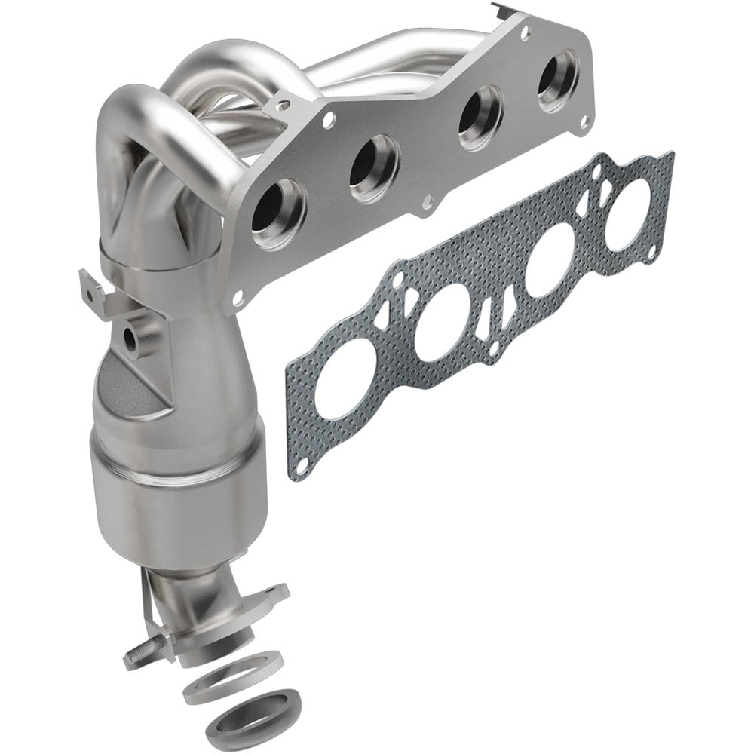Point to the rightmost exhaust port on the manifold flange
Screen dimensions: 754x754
tap(558, 73)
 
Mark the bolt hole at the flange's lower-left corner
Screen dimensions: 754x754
tap(238, 299)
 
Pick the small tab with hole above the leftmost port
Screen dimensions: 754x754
tap(284, 106)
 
